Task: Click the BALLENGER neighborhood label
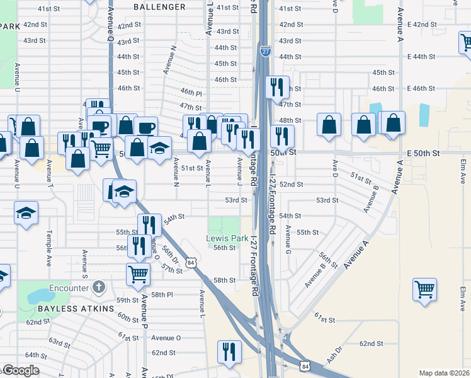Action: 160,7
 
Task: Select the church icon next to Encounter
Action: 98,288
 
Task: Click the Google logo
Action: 20,370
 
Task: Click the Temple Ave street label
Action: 48,247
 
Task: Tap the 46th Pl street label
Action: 190,92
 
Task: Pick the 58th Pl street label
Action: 161,294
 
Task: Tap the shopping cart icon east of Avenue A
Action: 425,290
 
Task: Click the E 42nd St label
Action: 422,24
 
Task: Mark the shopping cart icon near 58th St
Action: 138,273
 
